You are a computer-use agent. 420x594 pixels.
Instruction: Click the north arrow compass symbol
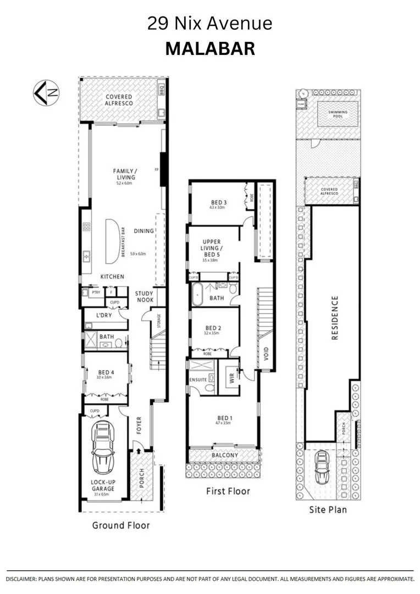(47, 92)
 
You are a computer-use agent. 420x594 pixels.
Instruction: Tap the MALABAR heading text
(210, 49)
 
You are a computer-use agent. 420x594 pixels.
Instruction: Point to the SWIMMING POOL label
(338, 114)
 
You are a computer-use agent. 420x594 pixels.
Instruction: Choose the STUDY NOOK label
(145, 297)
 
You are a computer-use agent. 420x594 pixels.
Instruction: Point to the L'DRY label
(104, 316)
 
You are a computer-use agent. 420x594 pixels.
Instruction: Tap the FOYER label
(139, 426)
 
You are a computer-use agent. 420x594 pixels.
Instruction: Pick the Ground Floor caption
(120, 525)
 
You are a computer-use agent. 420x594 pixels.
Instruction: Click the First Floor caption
(228, 491)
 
